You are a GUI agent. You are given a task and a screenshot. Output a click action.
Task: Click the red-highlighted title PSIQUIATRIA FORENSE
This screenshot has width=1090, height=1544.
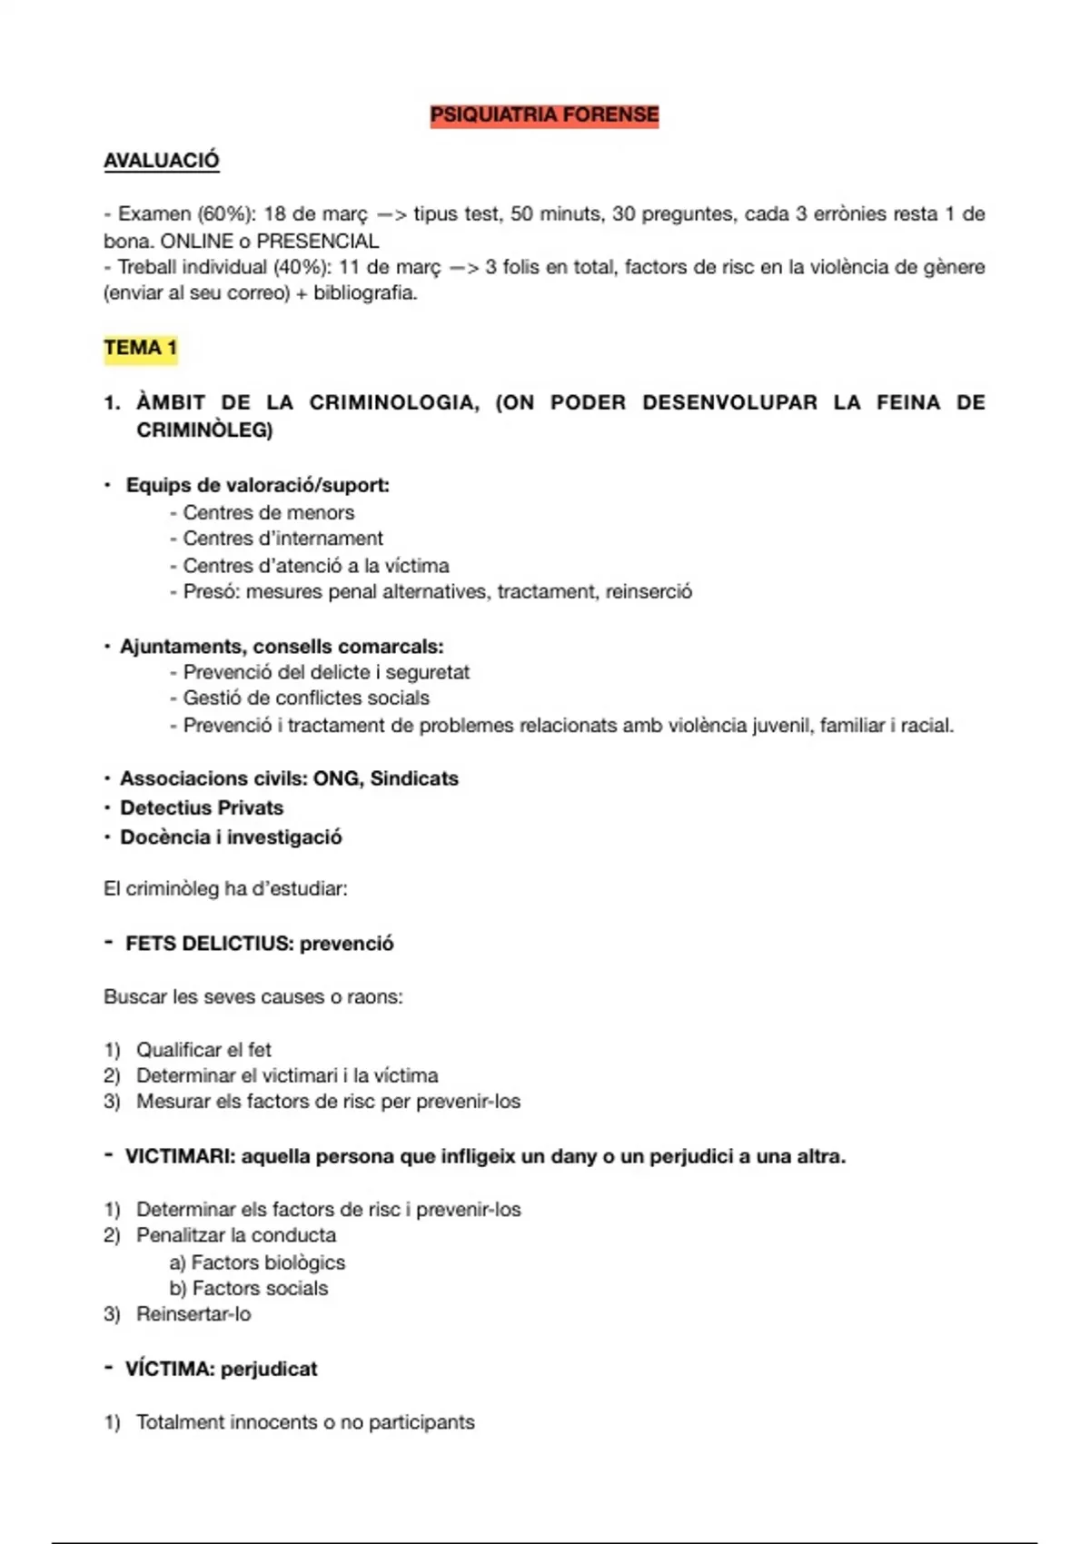(x=544, y=115)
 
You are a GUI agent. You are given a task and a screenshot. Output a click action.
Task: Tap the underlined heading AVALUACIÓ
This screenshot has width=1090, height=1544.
(x=161, y=161)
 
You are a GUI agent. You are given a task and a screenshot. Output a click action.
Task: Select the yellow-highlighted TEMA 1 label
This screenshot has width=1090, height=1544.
(x=140, y=348)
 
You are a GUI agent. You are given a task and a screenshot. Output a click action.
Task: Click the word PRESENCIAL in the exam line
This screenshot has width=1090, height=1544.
(x=317, y=241)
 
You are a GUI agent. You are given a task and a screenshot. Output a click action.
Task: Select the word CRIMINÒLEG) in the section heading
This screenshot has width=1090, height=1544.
(x=204, y=430)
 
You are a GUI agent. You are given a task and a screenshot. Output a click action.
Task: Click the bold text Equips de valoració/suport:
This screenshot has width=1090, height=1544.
(x=257, y=485)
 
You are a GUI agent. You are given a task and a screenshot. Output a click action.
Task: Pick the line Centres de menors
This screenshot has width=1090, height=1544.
(x=268, y=512)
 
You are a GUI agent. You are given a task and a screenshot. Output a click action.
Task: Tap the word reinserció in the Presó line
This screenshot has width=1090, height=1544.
(x=649, y=592)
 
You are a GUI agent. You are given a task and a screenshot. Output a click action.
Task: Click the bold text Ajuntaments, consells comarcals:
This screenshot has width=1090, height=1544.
(x=282, y=647)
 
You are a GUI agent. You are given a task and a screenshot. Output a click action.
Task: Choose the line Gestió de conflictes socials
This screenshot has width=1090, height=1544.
(x=306, y=698)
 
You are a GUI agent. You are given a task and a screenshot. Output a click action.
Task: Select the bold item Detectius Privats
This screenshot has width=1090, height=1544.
(x=202, y=807)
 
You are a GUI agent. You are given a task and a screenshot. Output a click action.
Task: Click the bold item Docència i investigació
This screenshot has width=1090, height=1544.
(x=231, y=837)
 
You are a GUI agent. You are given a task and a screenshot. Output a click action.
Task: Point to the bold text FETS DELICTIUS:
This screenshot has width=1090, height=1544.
(x=209, y=944)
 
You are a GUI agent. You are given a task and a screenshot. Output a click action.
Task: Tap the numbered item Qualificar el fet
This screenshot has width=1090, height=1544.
(x=203, y=1050)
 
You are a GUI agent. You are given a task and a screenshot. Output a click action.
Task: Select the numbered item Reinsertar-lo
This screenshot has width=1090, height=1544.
(x=193, y=1314)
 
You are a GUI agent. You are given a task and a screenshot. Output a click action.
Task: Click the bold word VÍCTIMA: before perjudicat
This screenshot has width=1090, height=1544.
(x=170, y=1370)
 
